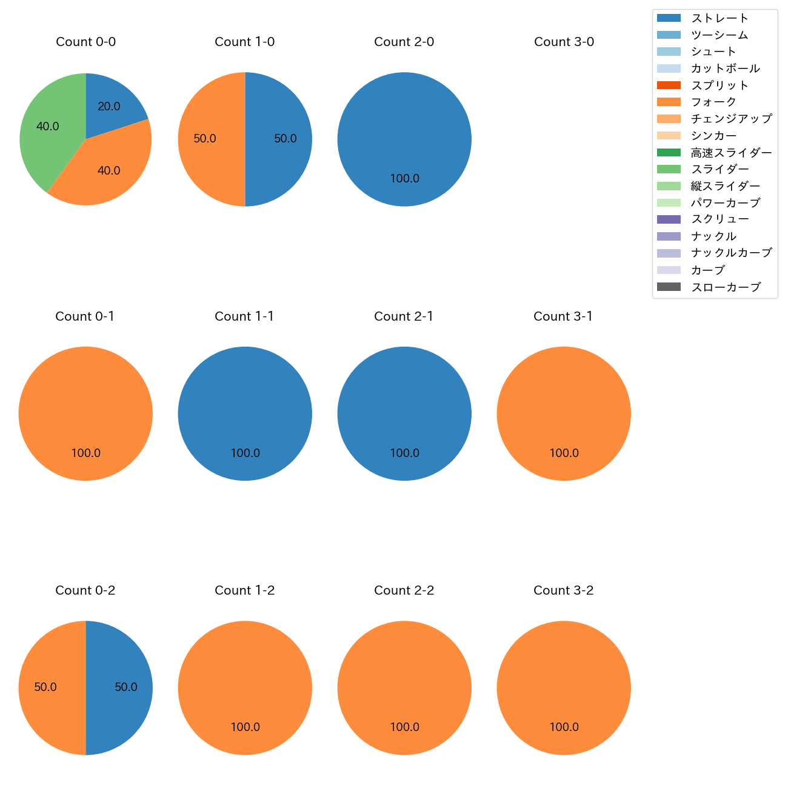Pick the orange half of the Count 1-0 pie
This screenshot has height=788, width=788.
coord(209,139)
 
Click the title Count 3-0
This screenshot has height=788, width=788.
coord(564,42)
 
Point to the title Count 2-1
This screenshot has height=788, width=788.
coord(404,316)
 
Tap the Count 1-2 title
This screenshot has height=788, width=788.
coord(244,590)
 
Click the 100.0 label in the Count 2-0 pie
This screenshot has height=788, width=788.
coord(404,179)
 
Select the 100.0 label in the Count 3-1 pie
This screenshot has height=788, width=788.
coord(564,453)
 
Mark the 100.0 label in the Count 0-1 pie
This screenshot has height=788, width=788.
coord(85,453)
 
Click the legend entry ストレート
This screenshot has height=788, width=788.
coord(720,18)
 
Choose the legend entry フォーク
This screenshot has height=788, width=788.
coord(713,102)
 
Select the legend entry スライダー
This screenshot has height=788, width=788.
coord(720,169)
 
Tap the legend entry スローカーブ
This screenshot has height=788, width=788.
coord(726,287)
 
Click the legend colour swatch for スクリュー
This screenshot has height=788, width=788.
coord(669,219)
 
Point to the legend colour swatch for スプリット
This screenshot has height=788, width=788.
coord(669,85)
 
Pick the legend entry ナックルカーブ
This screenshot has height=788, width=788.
coord(731,253)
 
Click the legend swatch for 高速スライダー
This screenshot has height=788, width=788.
coord(669,153)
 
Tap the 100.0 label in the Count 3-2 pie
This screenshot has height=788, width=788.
coord(564,727)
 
